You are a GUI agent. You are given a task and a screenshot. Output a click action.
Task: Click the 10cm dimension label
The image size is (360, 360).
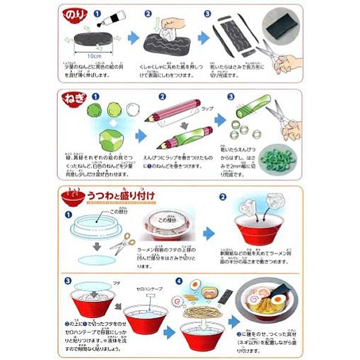[92, 55]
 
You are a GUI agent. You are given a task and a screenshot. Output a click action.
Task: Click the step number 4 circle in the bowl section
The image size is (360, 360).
[178, 280]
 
